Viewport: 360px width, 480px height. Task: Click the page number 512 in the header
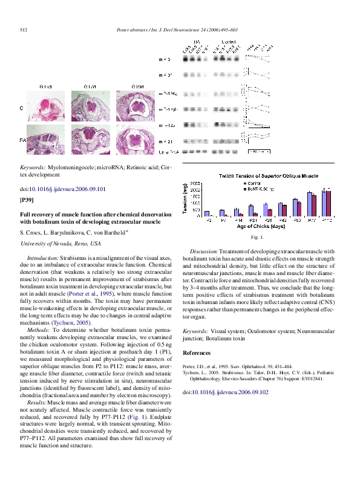(x=25, y=30)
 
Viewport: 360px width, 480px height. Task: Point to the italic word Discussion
(x=203, y=251)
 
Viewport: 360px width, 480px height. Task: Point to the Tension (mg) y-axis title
(x=185, y=200)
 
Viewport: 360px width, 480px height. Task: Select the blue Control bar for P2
(x=206, y=213)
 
